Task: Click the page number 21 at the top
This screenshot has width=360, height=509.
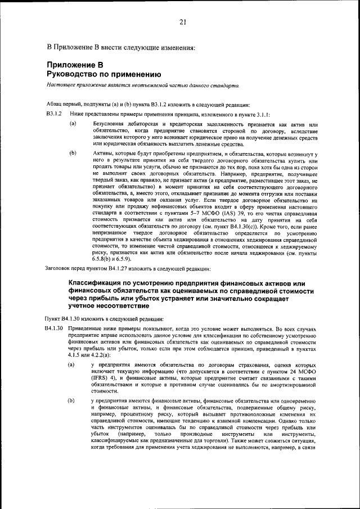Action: tap(182, 22)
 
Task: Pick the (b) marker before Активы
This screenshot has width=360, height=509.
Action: tap(73, 153)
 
